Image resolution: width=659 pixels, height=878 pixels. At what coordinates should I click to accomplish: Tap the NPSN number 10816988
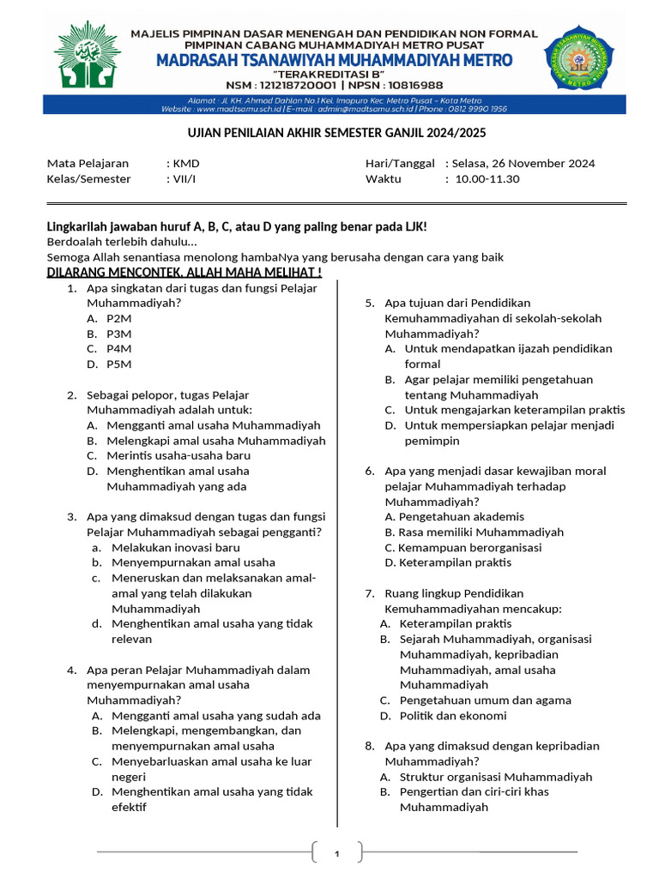[408, 85]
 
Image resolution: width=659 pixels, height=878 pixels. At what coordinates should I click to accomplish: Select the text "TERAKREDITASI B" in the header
[334, 74]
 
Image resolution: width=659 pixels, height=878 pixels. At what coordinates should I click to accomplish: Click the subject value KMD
[186, 164]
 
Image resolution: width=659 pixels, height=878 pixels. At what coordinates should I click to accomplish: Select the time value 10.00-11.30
[487, 179]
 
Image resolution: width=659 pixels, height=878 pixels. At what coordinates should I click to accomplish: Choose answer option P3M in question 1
[118, 334]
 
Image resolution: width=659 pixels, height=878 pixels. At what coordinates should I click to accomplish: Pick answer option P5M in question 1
[118, 364]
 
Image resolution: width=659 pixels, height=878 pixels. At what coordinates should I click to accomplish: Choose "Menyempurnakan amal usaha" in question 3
[193, 563]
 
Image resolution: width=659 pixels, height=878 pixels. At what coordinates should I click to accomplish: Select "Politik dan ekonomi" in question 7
[453, 716]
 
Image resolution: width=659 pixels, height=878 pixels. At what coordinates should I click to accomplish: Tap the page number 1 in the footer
[337, 853]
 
